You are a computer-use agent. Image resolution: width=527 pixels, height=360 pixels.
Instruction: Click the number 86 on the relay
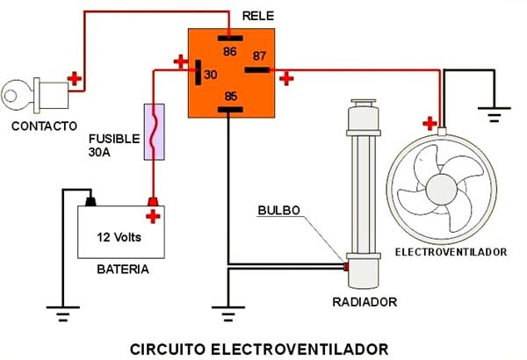230,52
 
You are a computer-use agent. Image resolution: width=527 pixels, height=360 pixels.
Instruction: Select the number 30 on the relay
210,75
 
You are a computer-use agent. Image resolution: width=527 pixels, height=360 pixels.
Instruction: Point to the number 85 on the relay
230,96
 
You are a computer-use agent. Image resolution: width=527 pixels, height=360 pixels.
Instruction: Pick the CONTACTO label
45,125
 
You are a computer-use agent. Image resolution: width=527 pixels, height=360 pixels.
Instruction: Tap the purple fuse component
155,133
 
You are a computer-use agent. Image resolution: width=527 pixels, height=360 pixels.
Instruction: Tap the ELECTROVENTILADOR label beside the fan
451,252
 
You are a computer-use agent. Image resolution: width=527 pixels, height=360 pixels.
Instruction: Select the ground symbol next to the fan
494,112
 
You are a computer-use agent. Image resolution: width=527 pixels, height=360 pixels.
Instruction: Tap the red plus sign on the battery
154,216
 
